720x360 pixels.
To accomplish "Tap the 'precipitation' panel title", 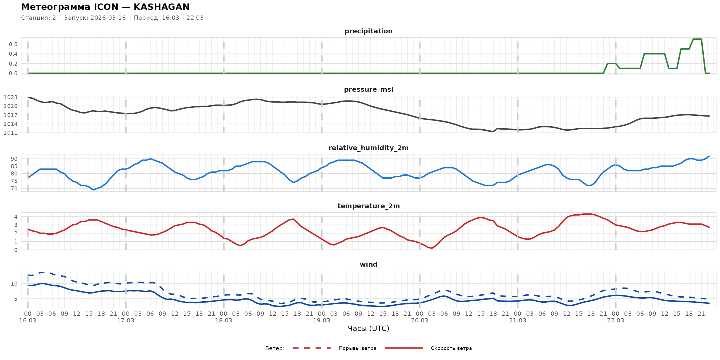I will tap(368, 31).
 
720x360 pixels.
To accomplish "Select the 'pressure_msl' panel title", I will tap(368, 89).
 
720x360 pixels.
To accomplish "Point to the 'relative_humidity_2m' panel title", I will tap(368, 148).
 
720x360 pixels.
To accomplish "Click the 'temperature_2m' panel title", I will tap(368, 206).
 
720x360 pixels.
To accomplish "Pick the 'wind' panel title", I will tap(368, 265).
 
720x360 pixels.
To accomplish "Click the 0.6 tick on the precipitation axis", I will tap(13, 44).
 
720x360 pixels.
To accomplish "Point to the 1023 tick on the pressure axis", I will tap(11, 97).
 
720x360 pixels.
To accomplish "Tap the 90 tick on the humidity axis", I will tap(14, 159).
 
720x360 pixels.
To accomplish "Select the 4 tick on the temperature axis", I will tap(16, 217).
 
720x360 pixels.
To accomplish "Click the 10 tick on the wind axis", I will tap(14, 284).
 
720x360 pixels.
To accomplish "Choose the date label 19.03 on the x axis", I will tap(321, 321).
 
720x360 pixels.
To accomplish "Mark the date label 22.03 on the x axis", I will tap(615, 321).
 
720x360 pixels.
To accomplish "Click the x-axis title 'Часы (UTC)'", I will tap(368, 329).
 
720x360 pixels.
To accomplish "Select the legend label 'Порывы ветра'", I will tap(358, 348).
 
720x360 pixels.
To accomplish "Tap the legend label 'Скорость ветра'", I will tap(451, 348).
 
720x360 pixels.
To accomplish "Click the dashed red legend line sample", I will tap(312, 348).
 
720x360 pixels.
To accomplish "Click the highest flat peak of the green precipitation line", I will tap(697, 39).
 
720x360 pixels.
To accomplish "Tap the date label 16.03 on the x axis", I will tap(28, 321).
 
